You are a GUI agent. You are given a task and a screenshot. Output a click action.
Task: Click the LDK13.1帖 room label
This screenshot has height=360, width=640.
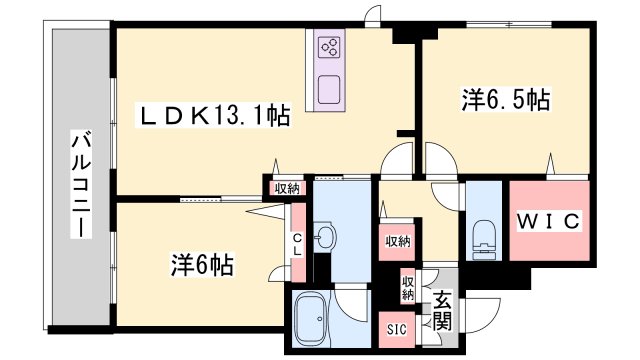(213, 115)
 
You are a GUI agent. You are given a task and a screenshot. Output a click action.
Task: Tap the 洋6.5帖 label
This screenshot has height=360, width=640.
(506, 99)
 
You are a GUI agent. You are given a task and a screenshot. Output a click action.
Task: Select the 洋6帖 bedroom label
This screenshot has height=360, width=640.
(202, 265)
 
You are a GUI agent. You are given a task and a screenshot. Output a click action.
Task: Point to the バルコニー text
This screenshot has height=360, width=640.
(81, 184)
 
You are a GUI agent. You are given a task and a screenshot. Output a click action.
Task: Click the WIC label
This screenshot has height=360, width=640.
(549, 222)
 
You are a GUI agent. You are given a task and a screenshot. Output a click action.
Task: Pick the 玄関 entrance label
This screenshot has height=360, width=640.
(442, 311)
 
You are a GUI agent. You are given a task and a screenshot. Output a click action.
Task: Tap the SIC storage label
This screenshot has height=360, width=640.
(397, 329)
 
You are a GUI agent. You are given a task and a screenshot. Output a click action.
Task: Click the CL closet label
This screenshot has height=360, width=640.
(298, 244)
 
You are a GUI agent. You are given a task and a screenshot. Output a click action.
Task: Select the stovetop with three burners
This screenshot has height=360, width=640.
(329, 47)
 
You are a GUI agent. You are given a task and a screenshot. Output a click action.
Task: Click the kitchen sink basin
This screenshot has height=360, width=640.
(329, 89)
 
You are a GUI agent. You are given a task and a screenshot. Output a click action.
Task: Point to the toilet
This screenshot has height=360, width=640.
(483, 240)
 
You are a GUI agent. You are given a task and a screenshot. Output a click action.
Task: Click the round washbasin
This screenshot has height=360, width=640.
(325, 236)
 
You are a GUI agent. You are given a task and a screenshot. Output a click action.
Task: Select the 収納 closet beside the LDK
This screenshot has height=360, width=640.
(287, 189)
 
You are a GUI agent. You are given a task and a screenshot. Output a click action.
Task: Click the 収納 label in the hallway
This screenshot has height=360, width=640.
(398, 242)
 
